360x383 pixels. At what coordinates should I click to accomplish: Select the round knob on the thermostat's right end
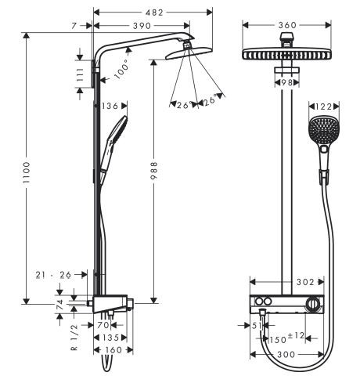point(314,303)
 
